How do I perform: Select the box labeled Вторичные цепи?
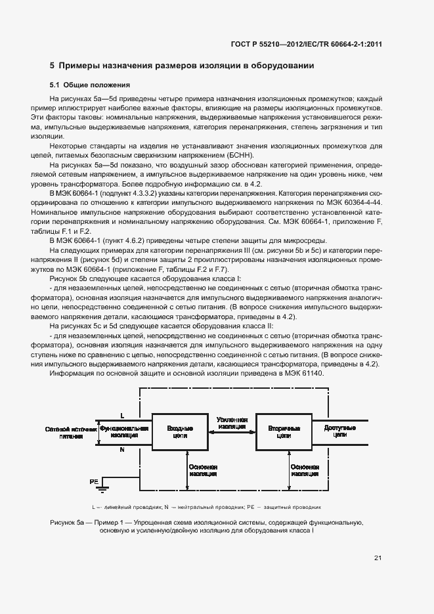(284, 431)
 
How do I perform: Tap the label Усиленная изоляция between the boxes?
(232, 423)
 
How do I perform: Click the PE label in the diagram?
(94, 482)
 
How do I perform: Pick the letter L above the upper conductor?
(122, 415)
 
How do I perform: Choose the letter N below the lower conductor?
(122, 450)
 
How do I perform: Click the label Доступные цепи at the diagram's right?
(340, 431)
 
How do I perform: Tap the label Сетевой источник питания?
(71, 431)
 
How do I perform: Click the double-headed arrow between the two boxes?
(232, 432)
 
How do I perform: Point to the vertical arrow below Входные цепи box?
(187, 470)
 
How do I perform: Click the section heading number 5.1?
(56, 85)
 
